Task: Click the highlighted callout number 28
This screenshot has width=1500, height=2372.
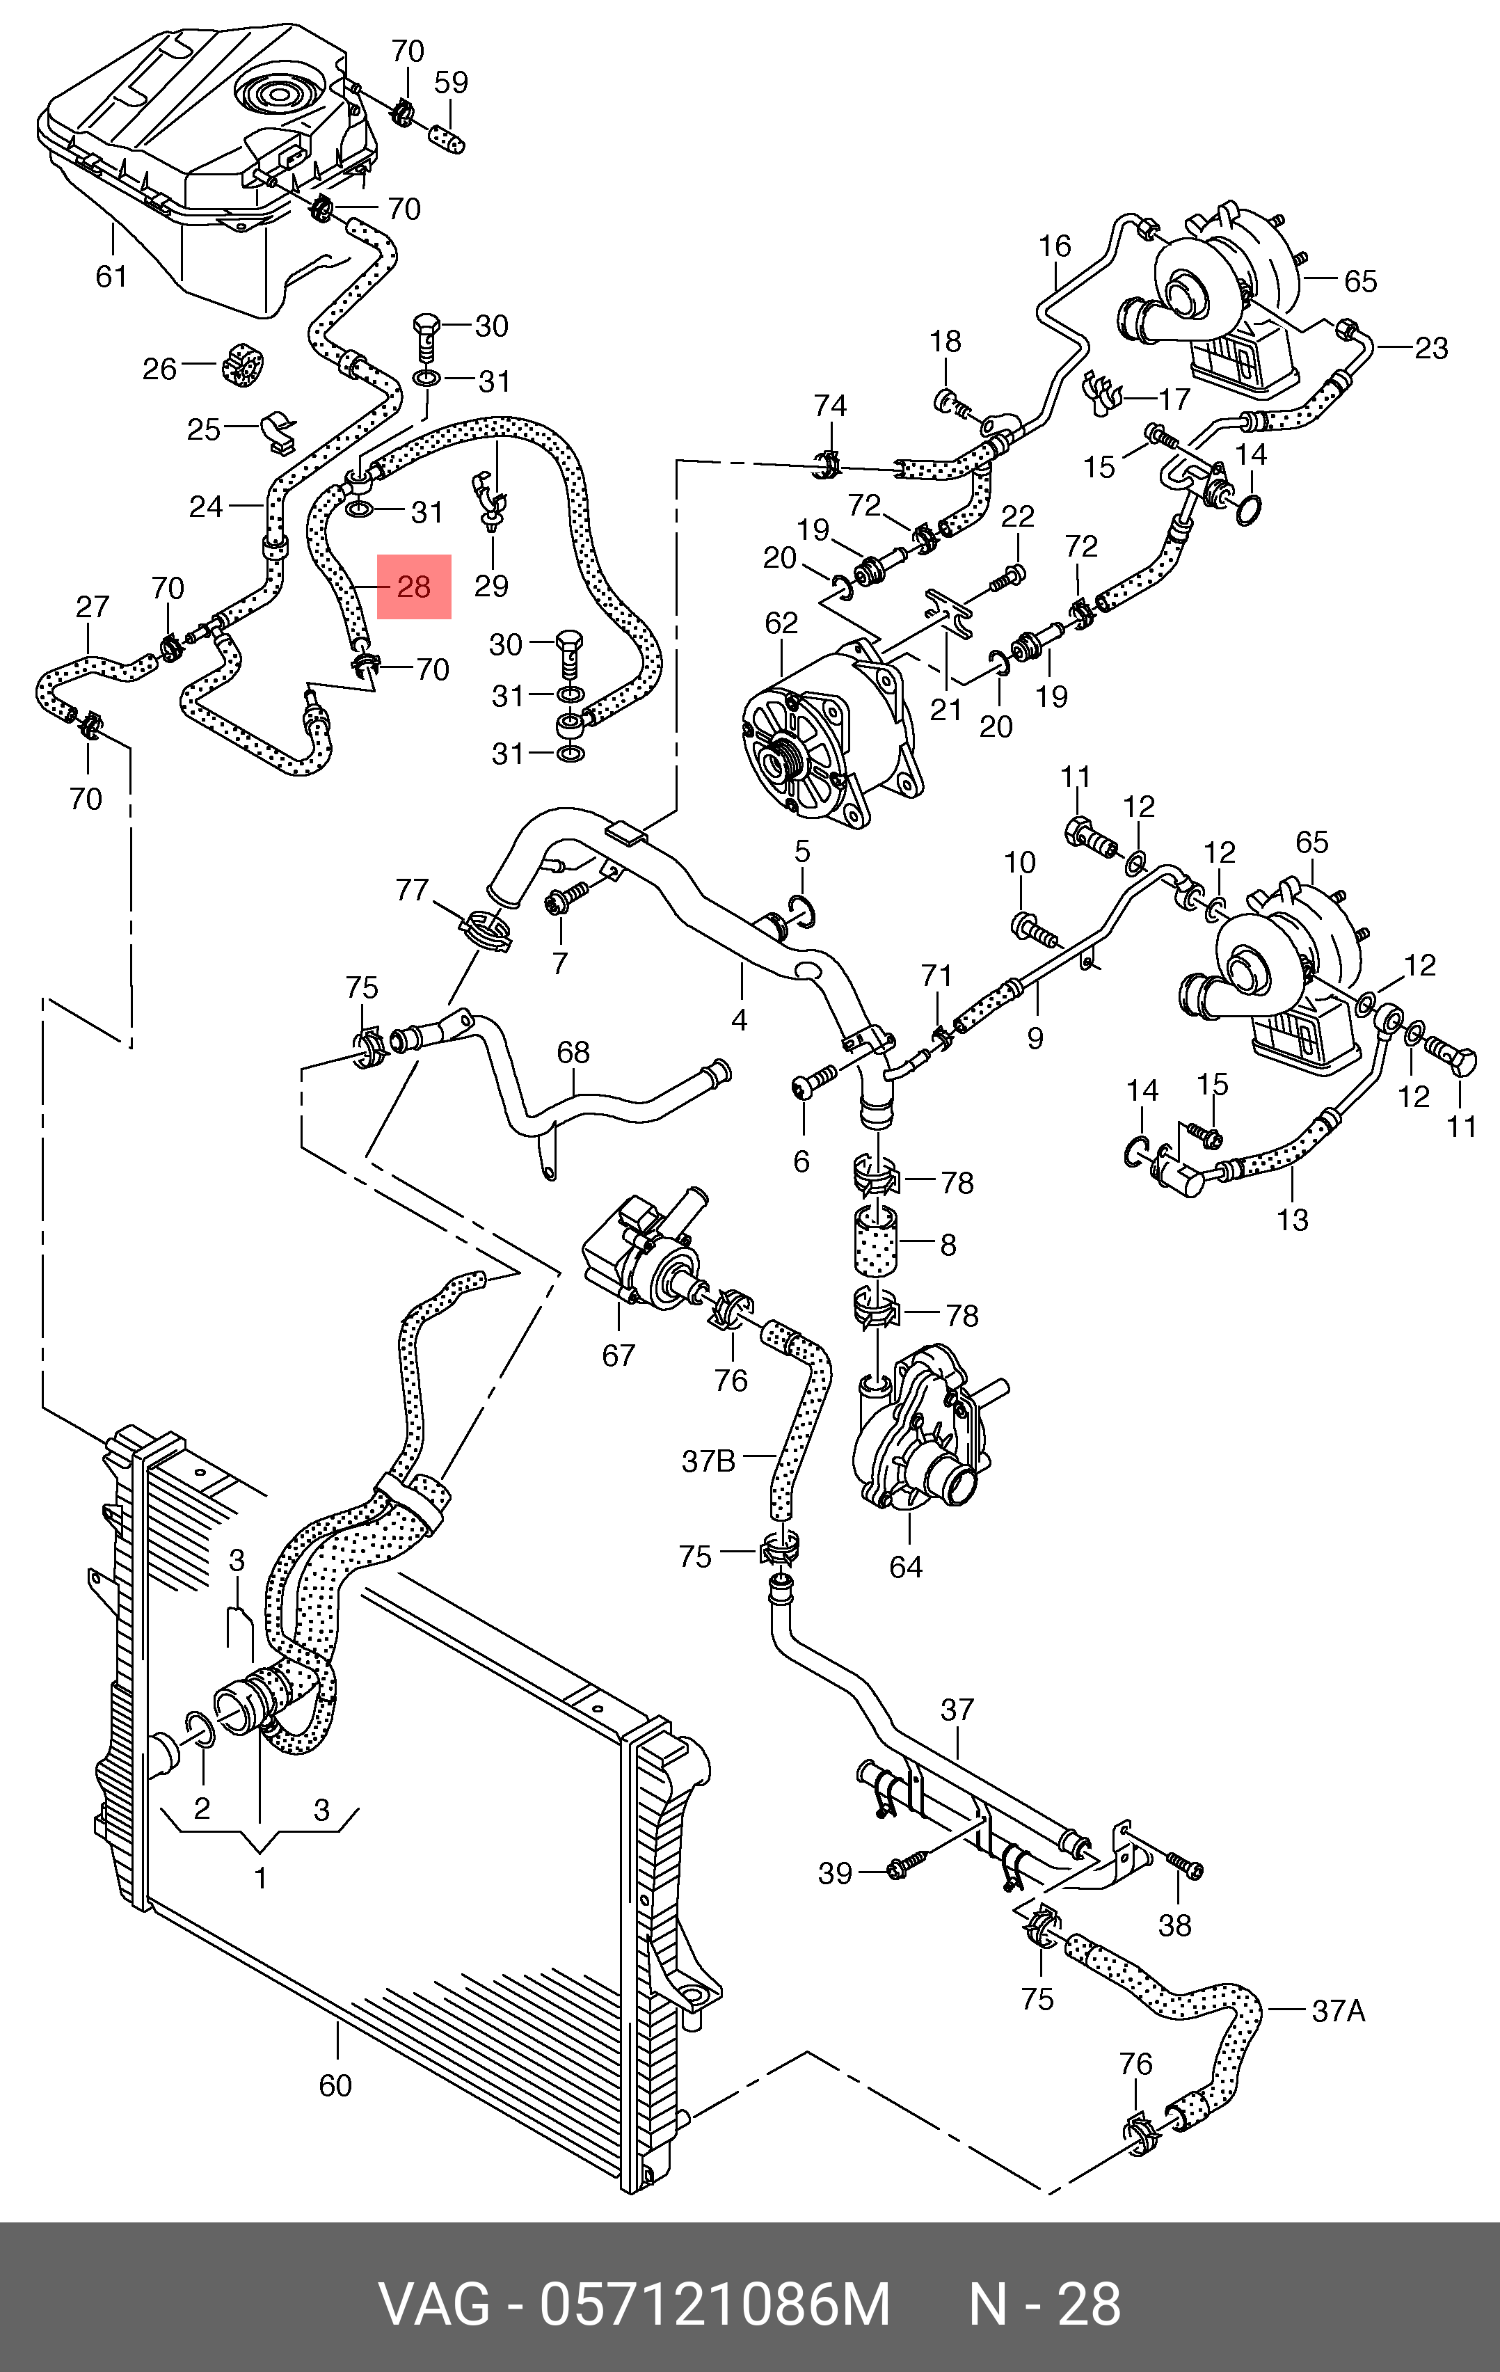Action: pos(414,587)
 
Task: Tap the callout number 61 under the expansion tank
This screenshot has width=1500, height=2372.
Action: pos(111,277)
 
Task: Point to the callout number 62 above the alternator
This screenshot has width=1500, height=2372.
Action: pos(781,623)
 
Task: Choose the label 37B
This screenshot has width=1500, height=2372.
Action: pos(708,1460)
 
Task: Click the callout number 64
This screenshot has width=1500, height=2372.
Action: pos(906,1567)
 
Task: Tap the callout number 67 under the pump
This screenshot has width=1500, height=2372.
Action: pos(619,1355)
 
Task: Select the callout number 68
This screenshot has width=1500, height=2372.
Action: pos(573,1052)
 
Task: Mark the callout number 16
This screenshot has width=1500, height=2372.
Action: pos(1055,246)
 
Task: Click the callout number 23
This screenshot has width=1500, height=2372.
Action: pos(1431,348)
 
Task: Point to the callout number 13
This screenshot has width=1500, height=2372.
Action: pos(1292,1220)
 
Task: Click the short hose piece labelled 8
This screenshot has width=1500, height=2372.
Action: pos(875,1244)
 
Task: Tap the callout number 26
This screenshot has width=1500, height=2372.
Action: pos(159,369)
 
